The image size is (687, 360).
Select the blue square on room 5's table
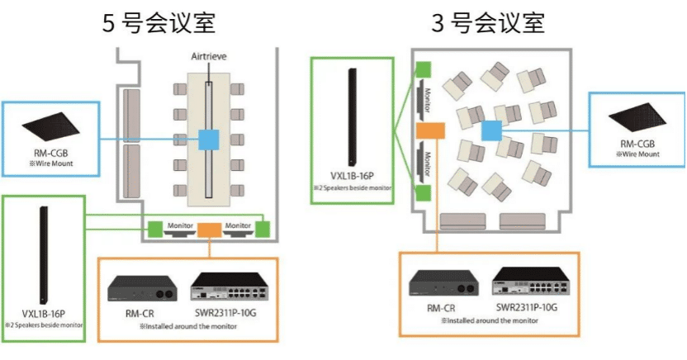207,140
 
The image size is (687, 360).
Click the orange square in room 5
207,230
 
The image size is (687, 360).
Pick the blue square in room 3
491,130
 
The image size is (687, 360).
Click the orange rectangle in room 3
430,130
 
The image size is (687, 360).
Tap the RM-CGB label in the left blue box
48,152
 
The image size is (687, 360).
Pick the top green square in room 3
423,70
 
